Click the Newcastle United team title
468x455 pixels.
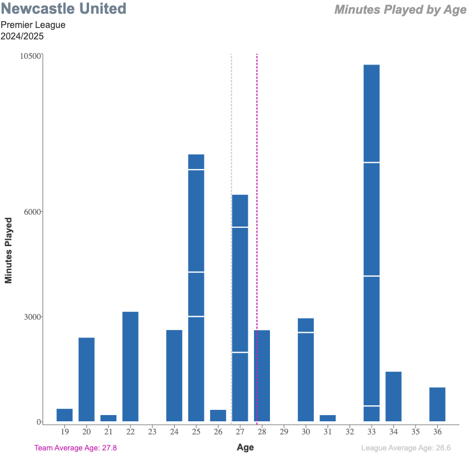[x=64, y=9]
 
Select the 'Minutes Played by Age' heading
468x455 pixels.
[x=400, y=10]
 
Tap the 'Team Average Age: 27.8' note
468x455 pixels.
[x=75, y=448]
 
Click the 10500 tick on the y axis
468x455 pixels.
[x=31, y=56]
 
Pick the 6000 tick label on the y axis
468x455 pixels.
[x=33, y=212]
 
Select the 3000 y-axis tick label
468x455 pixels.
[x=33, y=317]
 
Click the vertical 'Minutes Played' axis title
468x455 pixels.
[x=9, y=250]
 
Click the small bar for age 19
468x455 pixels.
[x=64, y=415]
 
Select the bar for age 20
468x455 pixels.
[x=86, y=380]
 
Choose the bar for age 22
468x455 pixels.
[x=130, y=367]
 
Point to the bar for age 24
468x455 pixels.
[x=174, y=376]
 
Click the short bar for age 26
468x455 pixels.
[x=218, y=416]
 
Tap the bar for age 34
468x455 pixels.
[x=393, y=397]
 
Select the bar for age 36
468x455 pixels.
[x=437, y=405]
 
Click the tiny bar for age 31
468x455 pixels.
[x=328, y=418]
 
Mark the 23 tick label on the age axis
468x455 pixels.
[x=152, y=432]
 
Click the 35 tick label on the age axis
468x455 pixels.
[x=415, y=432]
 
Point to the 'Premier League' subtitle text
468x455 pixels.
[x=33, y=25]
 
